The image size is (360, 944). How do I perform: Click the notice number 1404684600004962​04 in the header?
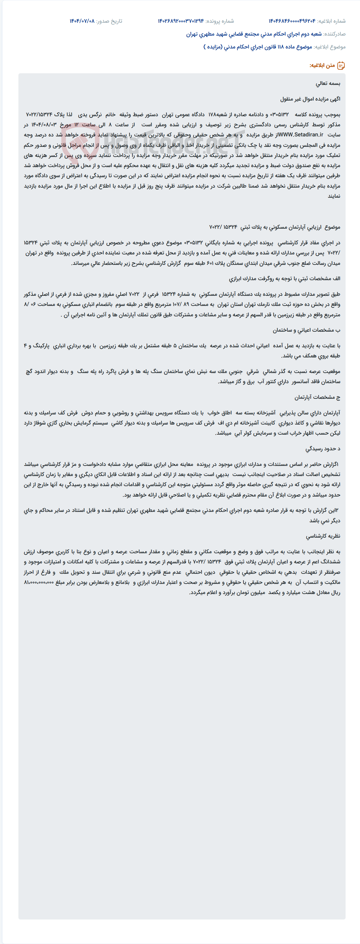pos(292,21)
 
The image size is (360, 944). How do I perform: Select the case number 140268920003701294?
pos(180,21)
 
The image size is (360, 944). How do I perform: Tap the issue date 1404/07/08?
pos(82,21)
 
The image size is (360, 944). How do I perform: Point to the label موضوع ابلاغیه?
pos(330,47)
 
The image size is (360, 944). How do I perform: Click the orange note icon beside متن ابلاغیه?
pos(341,66)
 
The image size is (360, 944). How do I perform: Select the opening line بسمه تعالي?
pos(328,84)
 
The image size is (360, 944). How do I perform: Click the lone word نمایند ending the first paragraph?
pos(334,196)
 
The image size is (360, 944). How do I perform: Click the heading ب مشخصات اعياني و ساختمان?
pos(306,330)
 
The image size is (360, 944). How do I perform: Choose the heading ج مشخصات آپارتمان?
pos(317,397)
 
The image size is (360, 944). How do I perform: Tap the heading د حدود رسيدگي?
pos(323,449)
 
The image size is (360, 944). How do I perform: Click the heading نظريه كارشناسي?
pos(323,536)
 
